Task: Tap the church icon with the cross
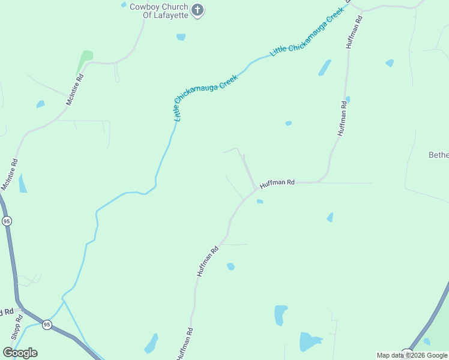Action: coord(199,10)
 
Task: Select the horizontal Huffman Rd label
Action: coord(277,182)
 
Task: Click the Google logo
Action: coord(20,352)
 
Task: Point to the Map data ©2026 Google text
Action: coord(412,355)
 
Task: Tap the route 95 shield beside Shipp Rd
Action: coord(47,325)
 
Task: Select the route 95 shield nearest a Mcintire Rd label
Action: coord(7,221)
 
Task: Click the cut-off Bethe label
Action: coord(439,155)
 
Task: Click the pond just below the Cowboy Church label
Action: coord(181,37)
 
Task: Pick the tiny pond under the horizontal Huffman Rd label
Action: coord(260,202)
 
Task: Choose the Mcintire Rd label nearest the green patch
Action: coord(74,91)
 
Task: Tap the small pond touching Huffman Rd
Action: coord(348,99)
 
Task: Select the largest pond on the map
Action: coord(310,342)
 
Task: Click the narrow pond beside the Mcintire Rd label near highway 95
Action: coord(23,184)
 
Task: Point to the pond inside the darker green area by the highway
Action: coord(427,341)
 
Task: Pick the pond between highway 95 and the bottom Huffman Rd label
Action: coord(151,344)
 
